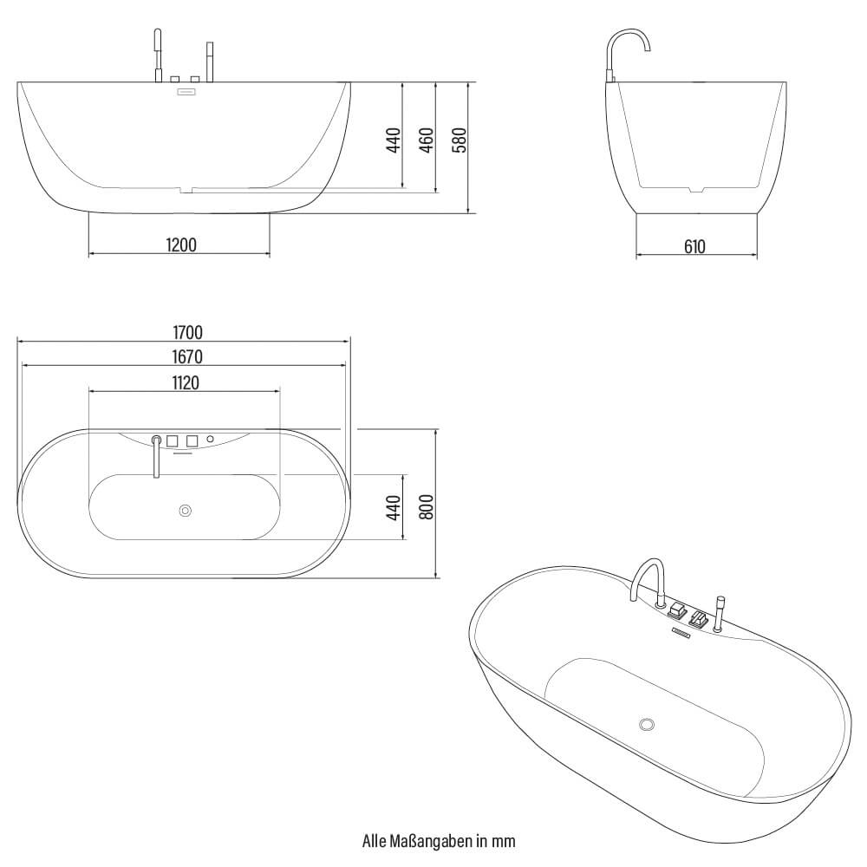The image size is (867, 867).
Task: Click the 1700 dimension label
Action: [x=187, y=331]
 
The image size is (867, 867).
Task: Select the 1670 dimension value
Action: [x=187, y=356]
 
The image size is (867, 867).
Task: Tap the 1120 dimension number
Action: [x=185, y=382]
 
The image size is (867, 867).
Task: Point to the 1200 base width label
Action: [x=181, y=245]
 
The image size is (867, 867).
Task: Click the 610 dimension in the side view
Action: [x=694, y=247]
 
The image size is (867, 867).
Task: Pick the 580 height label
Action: [x=460, y=140]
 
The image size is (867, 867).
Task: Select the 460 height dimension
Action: [x=427, y=140]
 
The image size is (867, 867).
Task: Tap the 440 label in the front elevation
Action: [x=394, y=140]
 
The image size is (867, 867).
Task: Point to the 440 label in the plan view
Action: [x=394, y=507]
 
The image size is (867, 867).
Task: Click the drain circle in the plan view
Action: [x=185, y=511]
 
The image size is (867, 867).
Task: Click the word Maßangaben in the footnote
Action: [x=430, y=840]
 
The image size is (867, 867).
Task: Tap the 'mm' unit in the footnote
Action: [x=506, y=840]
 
